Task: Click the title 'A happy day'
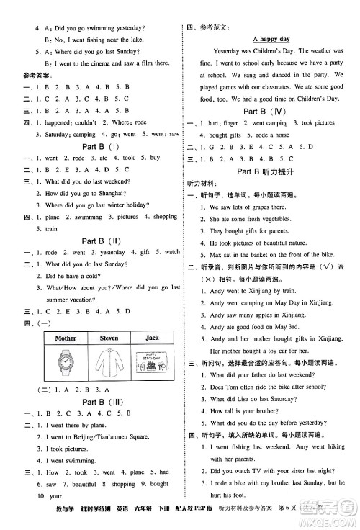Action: tap(271, 38)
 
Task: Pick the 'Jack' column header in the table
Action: tap(151, 337)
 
